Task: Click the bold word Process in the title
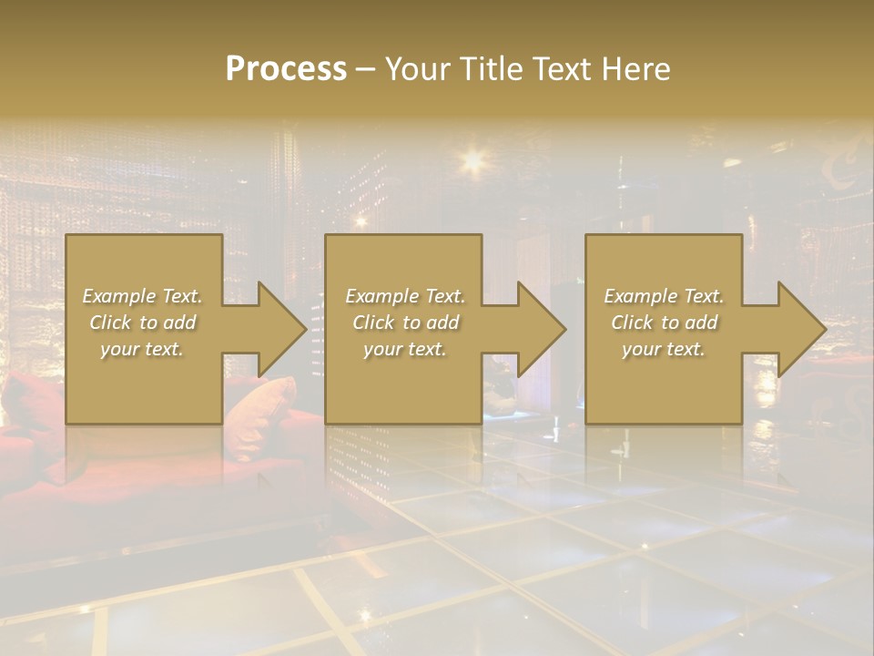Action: pyautogui.click(x=286, y=69)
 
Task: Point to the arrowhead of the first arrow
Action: pyautogui.click(x=282, y=330)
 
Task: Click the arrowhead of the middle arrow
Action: pyautogui.click(x=542, y=330)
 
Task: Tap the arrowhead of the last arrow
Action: pyautogui.click(x=801, y=330)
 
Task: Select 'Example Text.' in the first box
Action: pyautogui.click(x=142, y=296)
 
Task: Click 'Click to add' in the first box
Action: pyautogui.click(x=142, y=323)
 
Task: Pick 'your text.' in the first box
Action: pyautogui.click(x=142, y=349)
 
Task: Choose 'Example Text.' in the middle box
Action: pyautogui.click(x=404, y=296)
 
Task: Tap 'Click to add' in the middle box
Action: pyautogui.click(x=404, y=323)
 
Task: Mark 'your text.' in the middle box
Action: pyautogui.click(x=404, y=349)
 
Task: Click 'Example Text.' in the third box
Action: pyautogui.click(x=664, y=296)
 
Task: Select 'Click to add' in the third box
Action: pyautogui.click(x=664, y=323)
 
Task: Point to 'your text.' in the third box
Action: pyautogui.click(x=664, y=349)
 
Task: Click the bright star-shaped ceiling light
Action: pyautogui.click(x=473, y=161)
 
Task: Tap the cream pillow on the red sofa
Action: pyautogui.click(x=264, y=401)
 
